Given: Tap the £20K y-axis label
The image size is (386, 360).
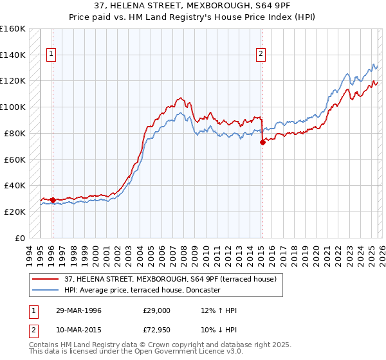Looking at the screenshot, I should (15, 212).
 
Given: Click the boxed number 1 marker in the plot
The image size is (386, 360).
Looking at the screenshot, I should (51, 55).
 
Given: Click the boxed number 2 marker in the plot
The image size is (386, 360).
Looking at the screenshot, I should (261, 55).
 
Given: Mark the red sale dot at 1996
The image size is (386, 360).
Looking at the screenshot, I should (53, 200).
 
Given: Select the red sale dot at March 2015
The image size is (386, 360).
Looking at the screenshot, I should (262, 143).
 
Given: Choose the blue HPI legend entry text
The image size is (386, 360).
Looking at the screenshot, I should (142, 290).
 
